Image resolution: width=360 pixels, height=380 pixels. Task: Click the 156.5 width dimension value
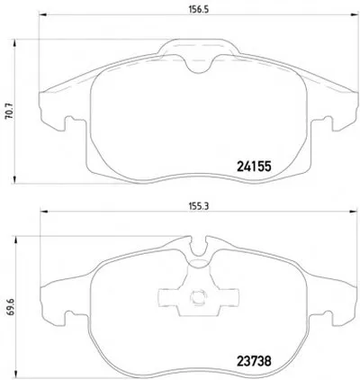pyautogui.click(x=198, y=9)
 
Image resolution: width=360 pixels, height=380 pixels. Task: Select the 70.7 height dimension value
pyautogui.click(x=9, y=112)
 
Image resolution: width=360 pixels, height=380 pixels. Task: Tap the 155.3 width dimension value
pyautogui.click(x=198, y=206)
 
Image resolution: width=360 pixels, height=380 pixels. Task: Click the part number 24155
pyautogui.click(x=254, y=166)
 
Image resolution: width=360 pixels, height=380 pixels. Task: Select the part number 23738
pyautogui.click(x=254, y=361)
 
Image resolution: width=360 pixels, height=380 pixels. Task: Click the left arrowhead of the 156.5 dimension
pyautogui.click(x=43, y=14)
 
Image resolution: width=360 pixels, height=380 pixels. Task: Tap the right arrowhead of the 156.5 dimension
pyautogui.click(x=355, y=14)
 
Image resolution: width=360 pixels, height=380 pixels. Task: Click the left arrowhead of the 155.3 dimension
pyautogui.click(x=44, y=212)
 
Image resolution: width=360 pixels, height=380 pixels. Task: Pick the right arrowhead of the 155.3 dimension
pyautogui.click(x=353, y=212)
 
